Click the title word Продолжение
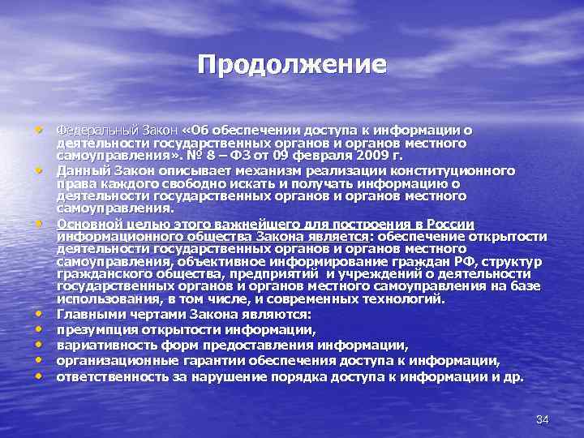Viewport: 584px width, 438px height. tap(292, 64)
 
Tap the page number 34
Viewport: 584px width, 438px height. tap(543, 419)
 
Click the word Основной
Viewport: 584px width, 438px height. tap(88, 224)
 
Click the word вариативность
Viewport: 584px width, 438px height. tap(105, 346)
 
